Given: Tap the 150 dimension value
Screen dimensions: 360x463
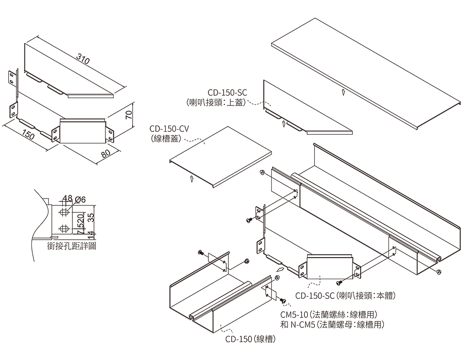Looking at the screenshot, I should pos(29,135).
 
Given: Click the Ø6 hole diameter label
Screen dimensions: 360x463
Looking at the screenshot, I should pos(80,199).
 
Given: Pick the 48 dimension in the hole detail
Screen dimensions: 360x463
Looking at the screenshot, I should pos(67,199).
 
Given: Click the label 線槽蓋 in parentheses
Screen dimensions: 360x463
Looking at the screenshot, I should pos(166,138).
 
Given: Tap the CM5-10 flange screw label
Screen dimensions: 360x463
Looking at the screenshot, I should pos(329,315).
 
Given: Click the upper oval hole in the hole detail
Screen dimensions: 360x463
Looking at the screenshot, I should pos(65,212).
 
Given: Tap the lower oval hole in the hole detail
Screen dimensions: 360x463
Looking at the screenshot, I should pos(65,228).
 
